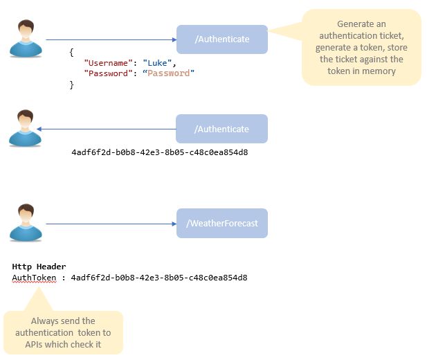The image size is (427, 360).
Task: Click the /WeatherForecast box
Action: point(221,223)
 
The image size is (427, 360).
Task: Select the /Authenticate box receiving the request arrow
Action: point(221,39)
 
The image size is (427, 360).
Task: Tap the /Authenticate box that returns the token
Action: point(221,129)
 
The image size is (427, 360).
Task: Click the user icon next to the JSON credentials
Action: point(26,39)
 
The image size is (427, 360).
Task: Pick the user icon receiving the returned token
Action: point(26,128)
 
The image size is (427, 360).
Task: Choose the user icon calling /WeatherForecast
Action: point(26,222)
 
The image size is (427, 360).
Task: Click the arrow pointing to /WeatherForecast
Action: point(111,224)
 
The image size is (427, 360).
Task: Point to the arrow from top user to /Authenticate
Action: point(111,39)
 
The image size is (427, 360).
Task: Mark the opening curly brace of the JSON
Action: point(71,52)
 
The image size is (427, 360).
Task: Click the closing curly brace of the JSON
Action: point(71,84)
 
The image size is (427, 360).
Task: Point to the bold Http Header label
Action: point(39,267)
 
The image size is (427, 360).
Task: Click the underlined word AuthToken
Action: point(34,278)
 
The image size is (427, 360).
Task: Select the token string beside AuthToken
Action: point(159,278)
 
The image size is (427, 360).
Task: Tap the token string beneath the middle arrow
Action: point(160,152)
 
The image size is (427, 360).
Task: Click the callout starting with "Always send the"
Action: point(63,332)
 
